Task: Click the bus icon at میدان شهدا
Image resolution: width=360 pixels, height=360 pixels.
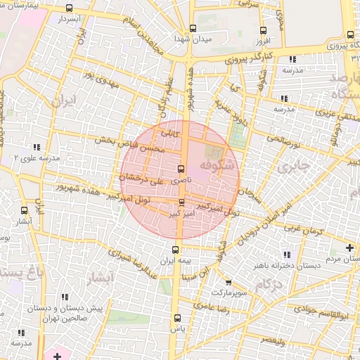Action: (x=193, y=30)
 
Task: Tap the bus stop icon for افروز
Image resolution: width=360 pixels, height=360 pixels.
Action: (x=263, y=31)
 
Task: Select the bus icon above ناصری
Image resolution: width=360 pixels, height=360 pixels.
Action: (x=181, y=169)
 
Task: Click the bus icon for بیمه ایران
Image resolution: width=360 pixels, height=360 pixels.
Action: (x=176, y=250)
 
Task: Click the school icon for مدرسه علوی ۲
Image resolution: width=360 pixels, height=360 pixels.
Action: (x=35, y=148)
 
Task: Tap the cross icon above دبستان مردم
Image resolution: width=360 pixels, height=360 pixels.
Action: (x=349, y=247)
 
